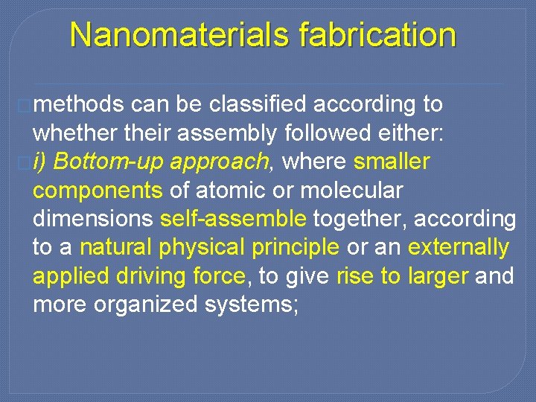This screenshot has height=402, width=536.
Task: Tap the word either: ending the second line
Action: (x=412, y=133)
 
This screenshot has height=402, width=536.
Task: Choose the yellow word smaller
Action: (x=392, y=162)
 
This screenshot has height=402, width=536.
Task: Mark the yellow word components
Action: (x=98, y=191)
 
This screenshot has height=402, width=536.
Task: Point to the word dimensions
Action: (x=94, y=219)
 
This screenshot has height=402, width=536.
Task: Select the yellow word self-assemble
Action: (x=233, y=219)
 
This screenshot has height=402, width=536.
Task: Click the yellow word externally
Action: (x=458, y=247)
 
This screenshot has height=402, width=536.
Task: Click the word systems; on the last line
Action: (x=250, y=305)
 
